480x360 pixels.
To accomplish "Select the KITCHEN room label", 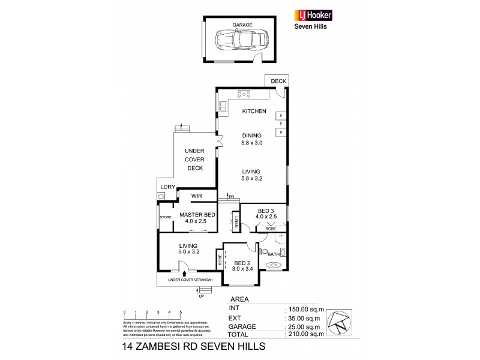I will [x=254, y=112].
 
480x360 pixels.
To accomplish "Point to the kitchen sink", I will [x=223, y=107].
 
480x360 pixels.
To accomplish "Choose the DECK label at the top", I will [x=279, y=81].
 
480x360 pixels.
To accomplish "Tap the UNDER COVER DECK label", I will [x=194, y=159].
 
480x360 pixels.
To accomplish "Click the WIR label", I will [x=196, y=196].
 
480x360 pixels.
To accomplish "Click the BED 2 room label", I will [x=241, y=263].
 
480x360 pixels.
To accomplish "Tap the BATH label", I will [x=272, y=255].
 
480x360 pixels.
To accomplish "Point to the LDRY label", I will [x=168, y=187].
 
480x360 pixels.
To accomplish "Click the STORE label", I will [x=165, y=217].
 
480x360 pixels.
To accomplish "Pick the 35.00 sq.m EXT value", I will [x=303, y=318].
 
